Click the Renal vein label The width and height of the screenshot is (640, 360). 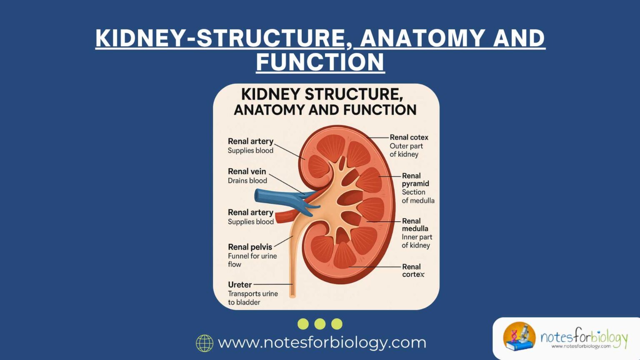(x=247, y=171)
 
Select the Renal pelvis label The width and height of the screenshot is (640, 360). (x=250, y=247)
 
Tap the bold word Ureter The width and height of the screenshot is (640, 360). (x=240, y=285)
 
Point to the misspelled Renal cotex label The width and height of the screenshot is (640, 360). (x=409, y=137)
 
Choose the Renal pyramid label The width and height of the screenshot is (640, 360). (x=415, y=180)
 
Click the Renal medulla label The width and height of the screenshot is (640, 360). (x=415, y=225)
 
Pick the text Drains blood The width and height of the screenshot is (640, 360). (x=247, y=180)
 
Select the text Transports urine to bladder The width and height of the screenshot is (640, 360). (x=252, y=298)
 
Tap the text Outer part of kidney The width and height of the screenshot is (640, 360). (x=406, y=150)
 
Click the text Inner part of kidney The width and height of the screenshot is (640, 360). (x=417, y=241)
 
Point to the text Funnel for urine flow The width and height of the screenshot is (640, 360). (x=252, y=260)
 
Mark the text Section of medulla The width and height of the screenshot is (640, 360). (x=417, y=196)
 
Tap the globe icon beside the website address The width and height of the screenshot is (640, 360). (x=205, y=343)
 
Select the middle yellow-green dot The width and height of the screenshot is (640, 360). (x=320, y=324)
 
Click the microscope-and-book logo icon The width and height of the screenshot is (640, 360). (x=519, y=336)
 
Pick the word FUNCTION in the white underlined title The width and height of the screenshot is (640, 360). (x=320, y=62)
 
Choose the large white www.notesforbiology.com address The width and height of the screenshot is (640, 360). (x=322, y=342)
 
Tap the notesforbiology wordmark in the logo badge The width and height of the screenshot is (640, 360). (x=584, y=336)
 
